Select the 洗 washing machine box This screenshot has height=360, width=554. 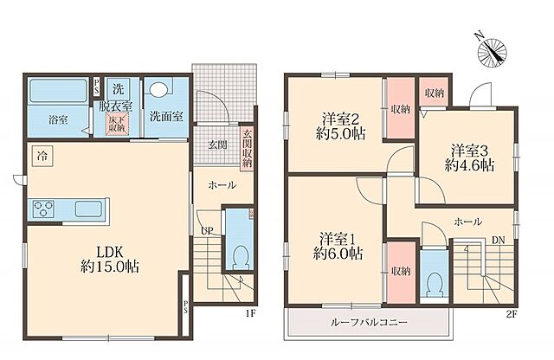(x=119, y=89)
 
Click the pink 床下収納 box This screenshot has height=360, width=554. (x=116, y=124)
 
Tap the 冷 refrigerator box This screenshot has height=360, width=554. (x=41, y=156)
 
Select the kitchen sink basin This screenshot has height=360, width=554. (x=89, y=209)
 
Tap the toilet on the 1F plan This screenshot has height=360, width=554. (x=239, y=254)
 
